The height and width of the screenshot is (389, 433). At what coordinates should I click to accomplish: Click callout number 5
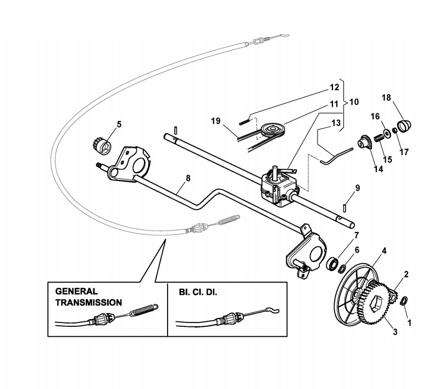point(118,124)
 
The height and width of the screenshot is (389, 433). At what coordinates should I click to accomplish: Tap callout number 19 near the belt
point(216,121)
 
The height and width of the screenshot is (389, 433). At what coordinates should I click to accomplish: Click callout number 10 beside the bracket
point(353,102)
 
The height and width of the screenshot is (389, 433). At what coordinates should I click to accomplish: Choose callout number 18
point(387,97)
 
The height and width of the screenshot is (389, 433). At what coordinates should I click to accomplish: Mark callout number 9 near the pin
point(357,188)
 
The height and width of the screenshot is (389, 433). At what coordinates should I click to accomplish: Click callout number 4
point(385,251)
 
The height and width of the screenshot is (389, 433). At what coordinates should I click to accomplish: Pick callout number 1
point(407,317)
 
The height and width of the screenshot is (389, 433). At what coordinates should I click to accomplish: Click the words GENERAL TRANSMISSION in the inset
point(88,297)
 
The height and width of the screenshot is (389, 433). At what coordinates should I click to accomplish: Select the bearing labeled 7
point(332,263)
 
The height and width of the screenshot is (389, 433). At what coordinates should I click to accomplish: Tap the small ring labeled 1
point(404,300)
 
